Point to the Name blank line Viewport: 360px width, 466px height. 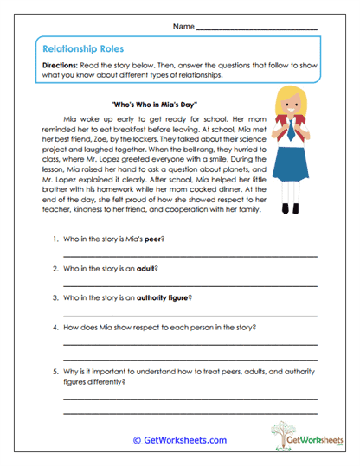click(x=257, y=30)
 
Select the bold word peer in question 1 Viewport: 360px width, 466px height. click(x=153, y=237)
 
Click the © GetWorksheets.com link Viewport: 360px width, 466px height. click(x=179, y=440)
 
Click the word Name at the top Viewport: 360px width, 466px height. click(x=183, y=28)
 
